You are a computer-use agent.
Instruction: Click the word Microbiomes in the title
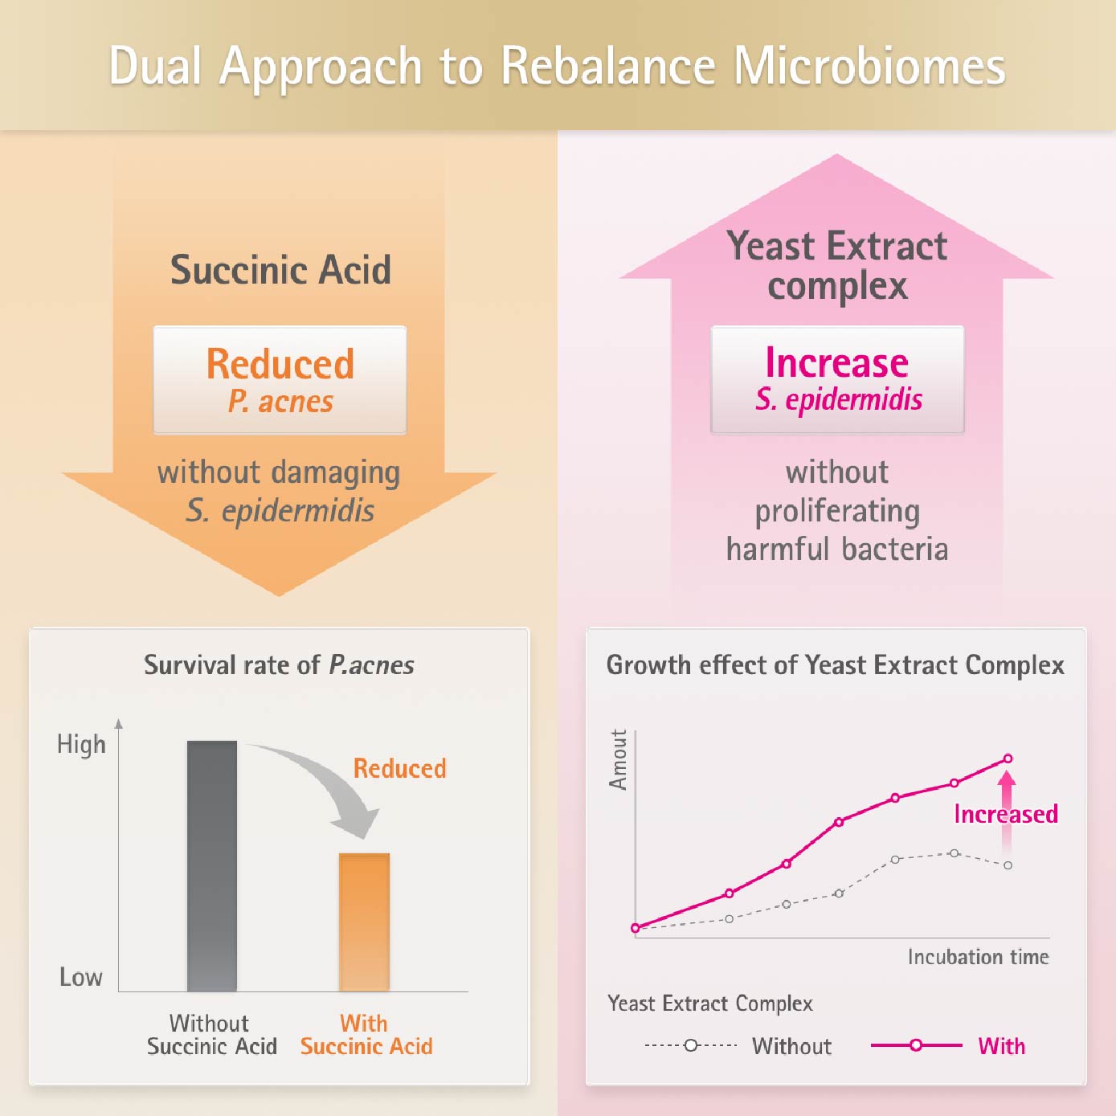click(869, 66)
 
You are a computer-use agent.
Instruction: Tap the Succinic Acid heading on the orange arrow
click(280, 269)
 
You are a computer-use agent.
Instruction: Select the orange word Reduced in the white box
click(280, 364)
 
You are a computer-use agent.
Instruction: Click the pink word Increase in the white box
click(836, 362)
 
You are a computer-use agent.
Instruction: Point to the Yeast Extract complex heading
click(836, 265)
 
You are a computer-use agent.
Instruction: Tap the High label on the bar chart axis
click(81, 744)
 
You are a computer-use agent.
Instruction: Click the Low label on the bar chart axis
click(81, 977)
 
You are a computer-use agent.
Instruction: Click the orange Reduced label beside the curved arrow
click(399, 769)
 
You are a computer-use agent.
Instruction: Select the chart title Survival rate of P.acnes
click(279, 665)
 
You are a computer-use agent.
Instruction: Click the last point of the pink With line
click(1008, 758)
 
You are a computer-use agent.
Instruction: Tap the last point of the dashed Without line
click(1008, 865)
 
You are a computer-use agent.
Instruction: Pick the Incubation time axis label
click(978, 957)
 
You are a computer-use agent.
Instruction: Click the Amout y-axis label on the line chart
click(618, 760)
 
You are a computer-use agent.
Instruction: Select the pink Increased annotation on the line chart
click(1005, 814)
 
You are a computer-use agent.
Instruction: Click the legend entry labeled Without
click(791, 1046)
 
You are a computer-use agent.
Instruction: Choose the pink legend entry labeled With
click(1001, 1046)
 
